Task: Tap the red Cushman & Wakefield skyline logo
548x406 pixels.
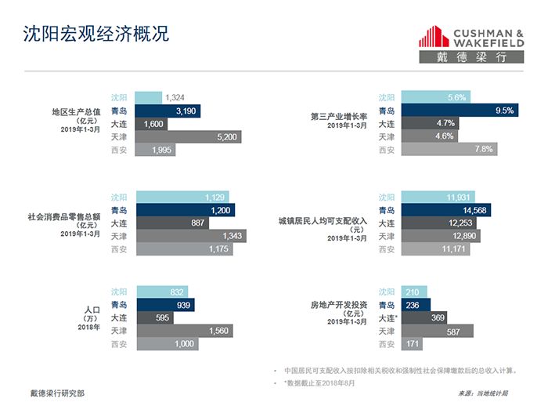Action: coord(434,37)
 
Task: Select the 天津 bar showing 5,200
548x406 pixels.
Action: coord(188,137)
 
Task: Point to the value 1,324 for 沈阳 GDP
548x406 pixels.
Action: coord(175,98)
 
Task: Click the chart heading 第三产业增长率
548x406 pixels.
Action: coord(337,116)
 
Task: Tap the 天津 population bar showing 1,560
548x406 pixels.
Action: coord(184,331)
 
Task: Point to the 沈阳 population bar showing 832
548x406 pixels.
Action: coord(161,292)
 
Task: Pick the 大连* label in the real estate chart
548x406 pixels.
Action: coord(388,317)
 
